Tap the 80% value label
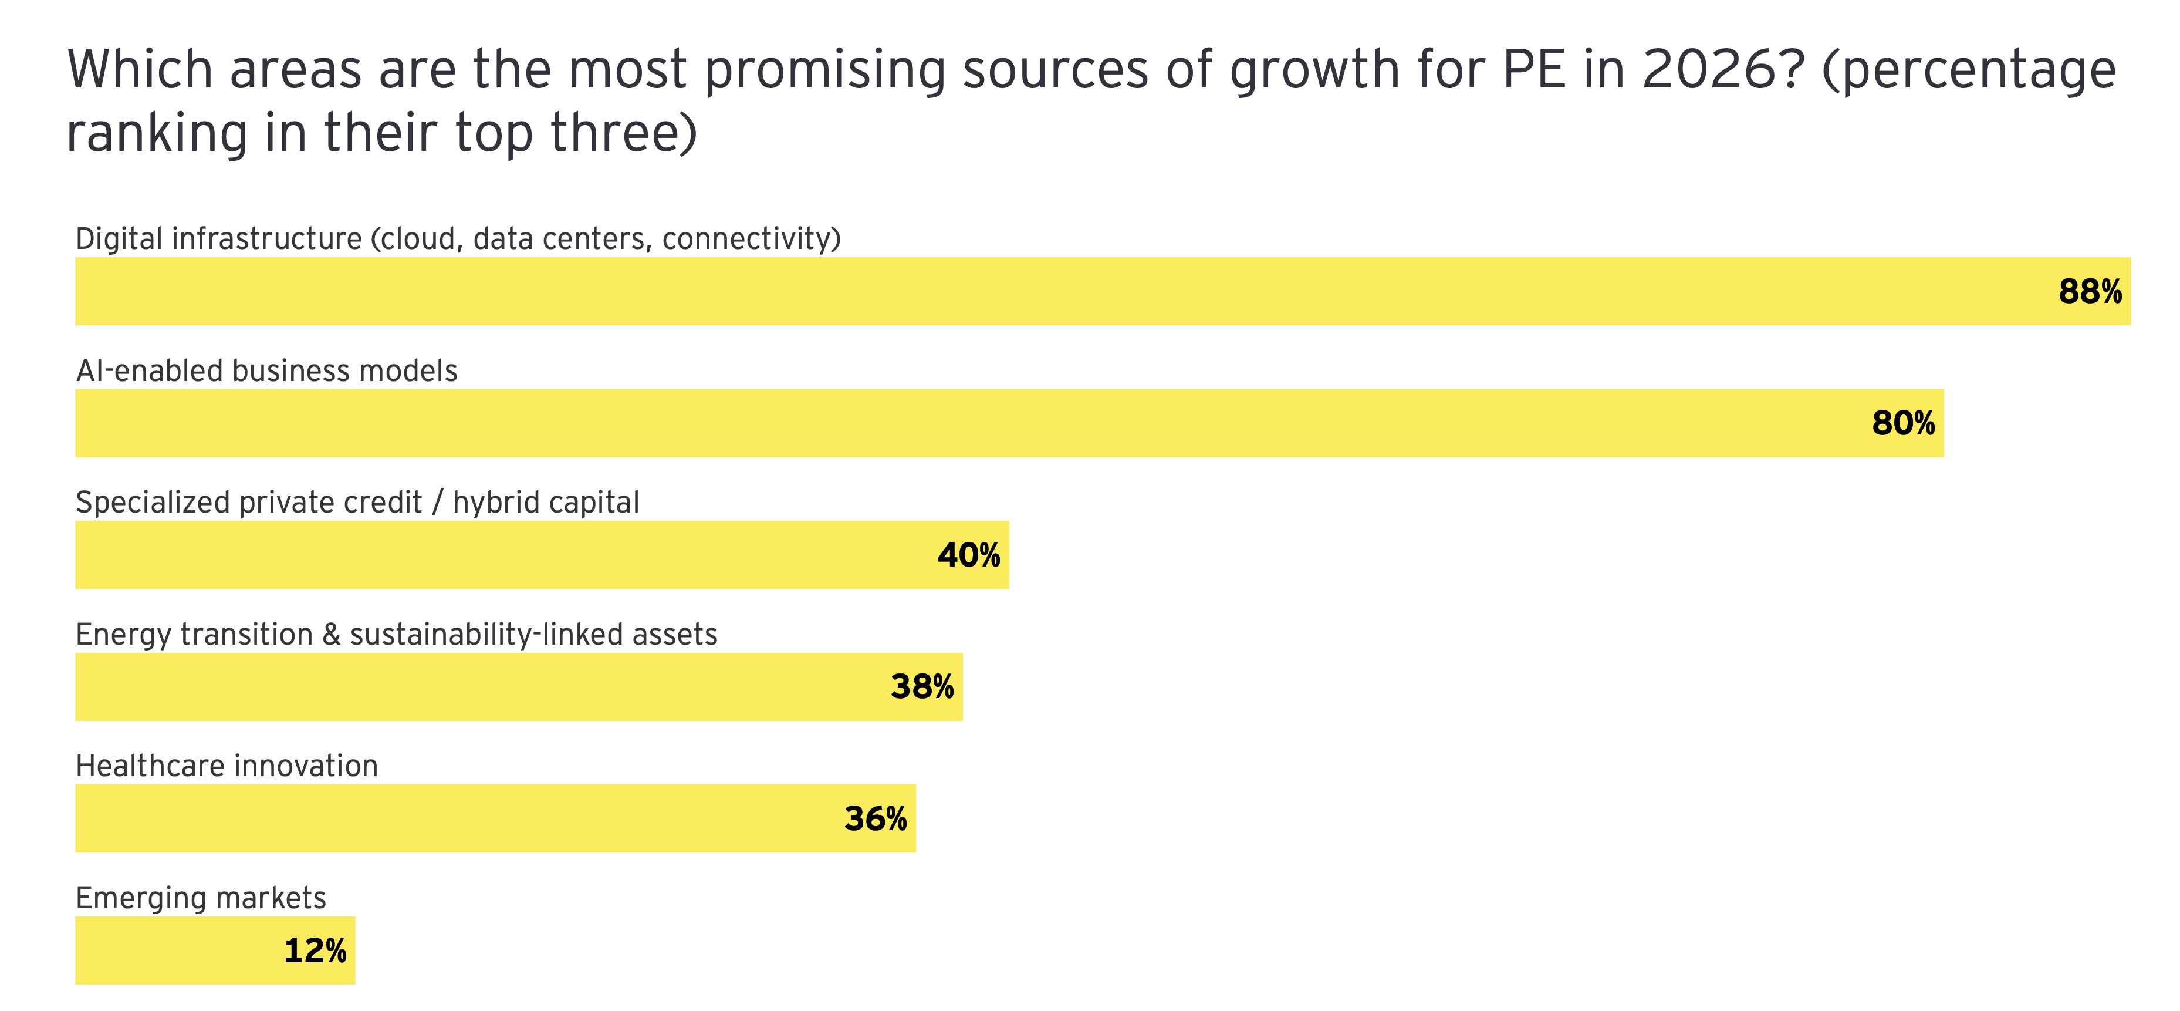click(x=1903, y=423)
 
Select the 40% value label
click(x=968, y=555)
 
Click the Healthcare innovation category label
click(x=227, y=766)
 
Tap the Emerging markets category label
click(x=201, y=898)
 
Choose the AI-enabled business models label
click(x=266, y=371)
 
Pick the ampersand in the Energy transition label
click(x=331, y=634)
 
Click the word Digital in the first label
click(x=119, y=239)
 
